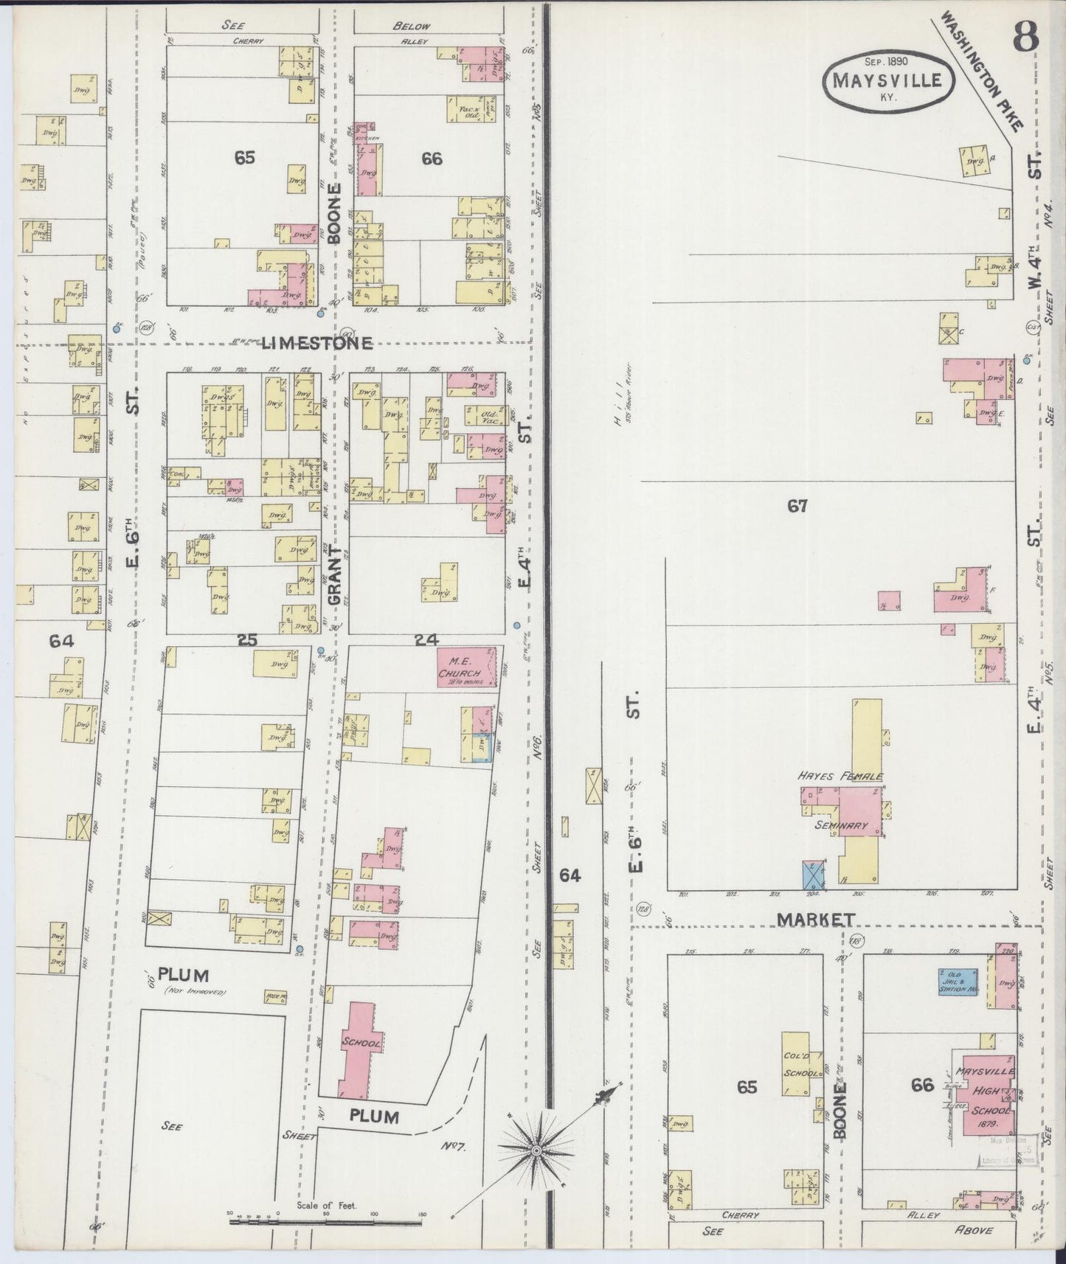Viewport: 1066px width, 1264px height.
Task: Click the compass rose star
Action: click(x=536, y=1150)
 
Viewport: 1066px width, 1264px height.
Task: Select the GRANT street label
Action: click(x=333, y=576)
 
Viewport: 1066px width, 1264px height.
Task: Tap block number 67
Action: click(x=797, y=506)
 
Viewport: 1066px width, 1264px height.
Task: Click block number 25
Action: click(x=246, y=640)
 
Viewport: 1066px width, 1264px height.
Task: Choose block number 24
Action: click(x=426, y=640)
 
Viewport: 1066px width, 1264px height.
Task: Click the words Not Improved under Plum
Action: click(x=194, y=993)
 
